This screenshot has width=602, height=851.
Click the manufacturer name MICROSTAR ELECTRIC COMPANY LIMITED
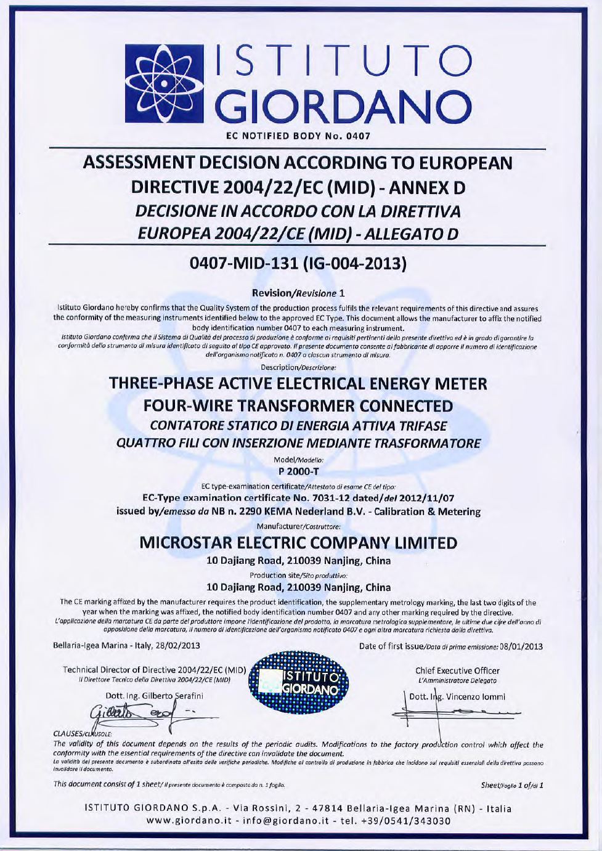pos(299,543)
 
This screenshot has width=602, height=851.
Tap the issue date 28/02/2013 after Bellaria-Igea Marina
pos(174,646)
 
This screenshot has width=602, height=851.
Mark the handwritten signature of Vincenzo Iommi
pos(459,714)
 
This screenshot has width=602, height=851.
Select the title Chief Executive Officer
pos(457,670)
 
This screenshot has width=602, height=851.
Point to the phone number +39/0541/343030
pos(409,821)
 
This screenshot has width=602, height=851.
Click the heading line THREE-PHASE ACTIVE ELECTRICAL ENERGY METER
pos(298,384)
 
